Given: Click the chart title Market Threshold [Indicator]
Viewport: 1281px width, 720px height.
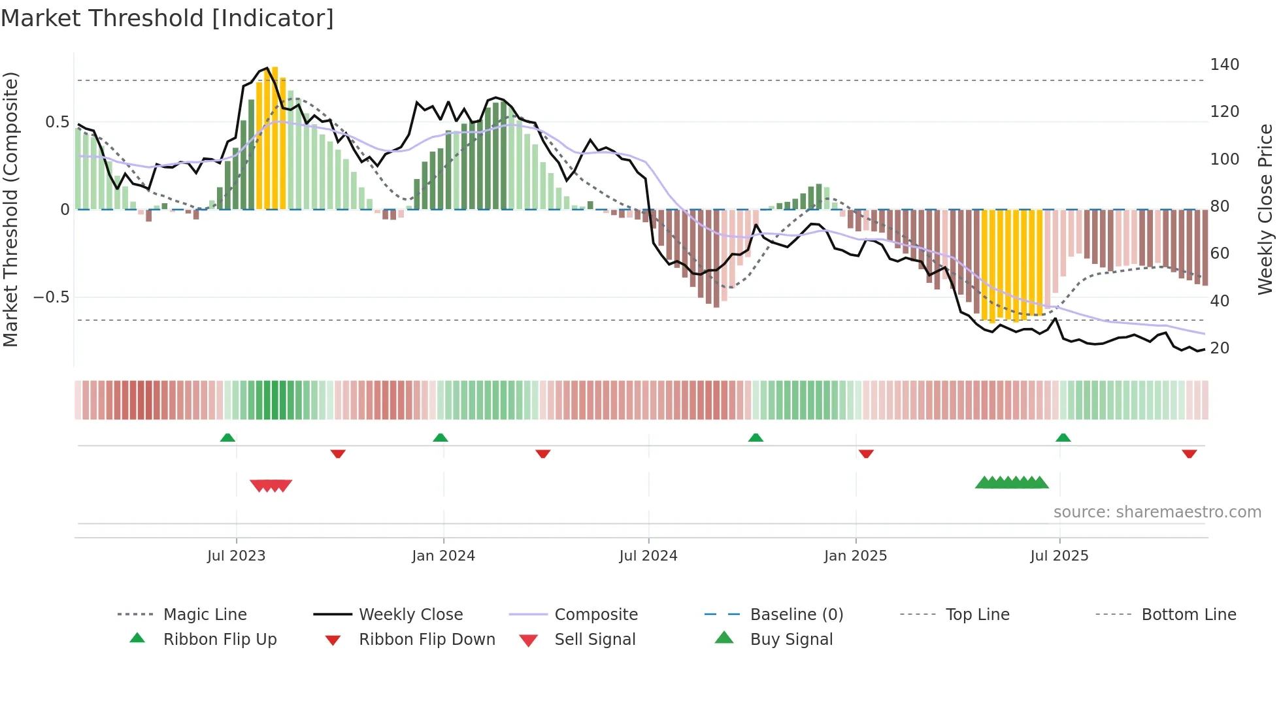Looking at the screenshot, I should pyautogui.click(x=167, y=18).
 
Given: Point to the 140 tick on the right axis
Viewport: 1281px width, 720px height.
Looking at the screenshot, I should pyautogui.click(x=1224, y=65).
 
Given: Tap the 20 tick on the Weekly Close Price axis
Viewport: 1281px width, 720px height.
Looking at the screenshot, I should pyautogui.click(x=1220, y=348).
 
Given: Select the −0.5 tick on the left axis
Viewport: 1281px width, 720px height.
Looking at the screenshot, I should pyautogui.click(x=51, y=297).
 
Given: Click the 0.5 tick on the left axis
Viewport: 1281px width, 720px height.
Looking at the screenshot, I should pyautogui.click(x=57, y=122).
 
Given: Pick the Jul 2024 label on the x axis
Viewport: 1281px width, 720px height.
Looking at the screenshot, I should pyautogui.click(x=648, y=556).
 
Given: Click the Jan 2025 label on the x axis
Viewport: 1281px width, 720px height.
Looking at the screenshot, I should pyautogui.click(x=855, y=556).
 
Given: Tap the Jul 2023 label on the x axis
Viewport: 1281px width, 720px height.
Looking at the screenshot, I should pyautogui.click(x=236, y=556).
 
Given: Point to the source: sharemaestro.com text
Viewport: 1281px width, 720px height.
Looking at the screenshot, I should pyautogui.click(x=1157, y=512).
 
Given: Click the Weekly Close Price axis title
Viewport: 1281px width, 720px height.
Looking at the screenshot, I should pyautogui.click(x=1265, y=209).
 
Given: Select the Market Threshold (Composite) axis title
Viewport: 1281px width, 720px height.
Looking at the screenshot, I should pyautogui.click(x=10, y=209).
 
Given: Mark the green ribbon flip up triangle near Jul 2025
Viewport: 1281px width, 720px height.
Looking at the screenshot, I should pyautogui.click(x=1063, y=438).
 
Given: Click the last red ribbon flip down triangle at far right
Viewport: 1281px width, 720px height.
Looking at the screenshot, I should pyautogui.click(x=1189, y=454).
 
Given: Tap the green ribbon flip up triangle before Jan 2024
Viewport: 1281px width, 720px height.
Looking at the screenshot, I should pyautogui.click(x=440, y=438).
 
